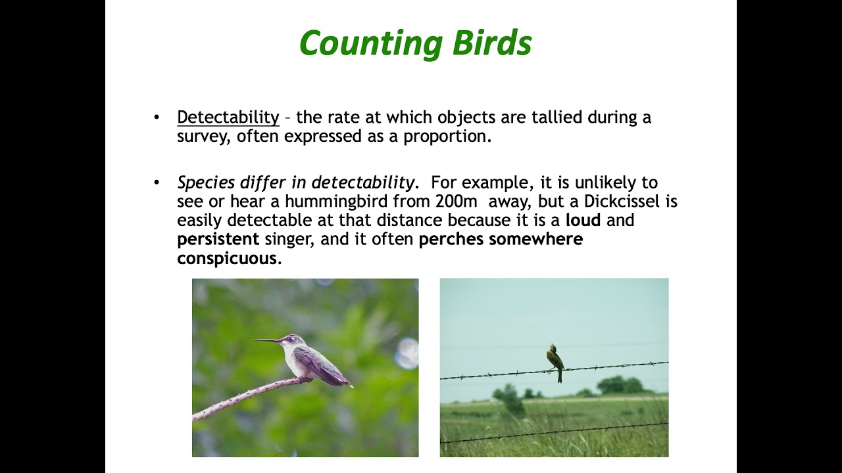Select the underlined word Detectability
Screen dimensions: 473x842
click(228, 118)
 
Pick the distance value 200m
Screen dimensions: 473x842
click(456, 201)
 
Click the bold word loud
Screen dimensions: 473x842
click(583, 220)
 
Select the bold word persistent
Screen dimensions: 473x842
click(218, 239)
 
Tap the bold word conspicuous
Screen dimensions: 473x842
click(228, 258)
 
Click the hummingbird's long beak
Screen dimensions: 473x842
click(266, 340)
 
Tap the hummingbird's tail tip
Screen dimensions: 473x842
click(350, 386)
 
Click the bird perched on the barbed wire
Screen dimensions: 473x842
click(555, 359)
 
